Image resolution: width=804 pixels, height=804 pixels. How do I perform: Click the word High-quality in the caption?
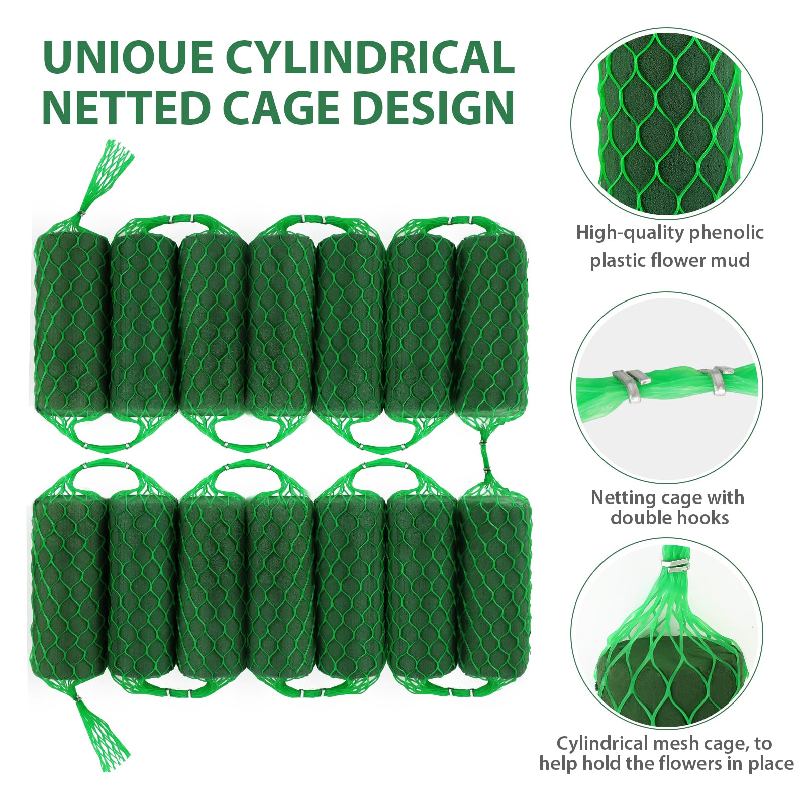631,233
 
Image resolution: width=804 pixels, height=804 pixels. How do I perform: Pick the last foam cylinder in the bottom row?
494,578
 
